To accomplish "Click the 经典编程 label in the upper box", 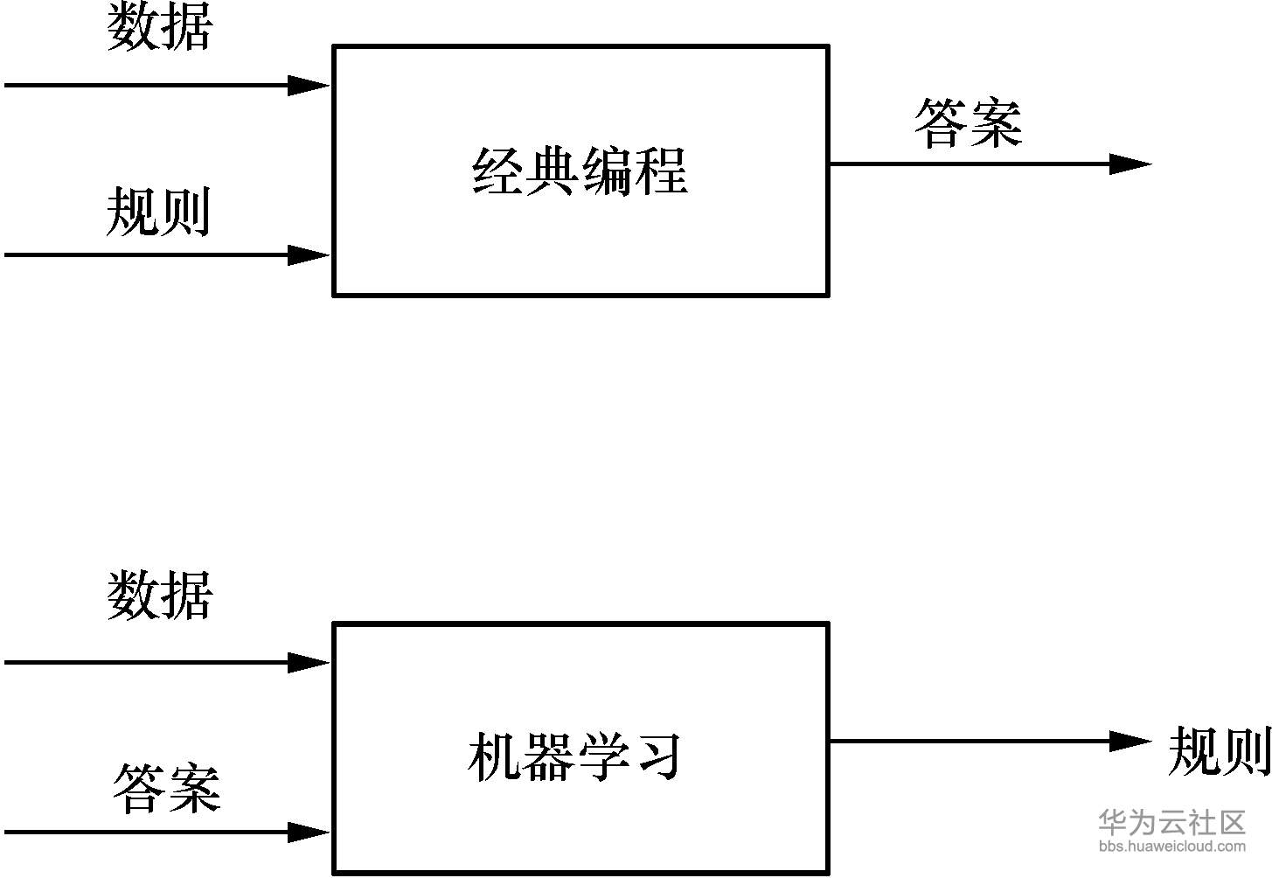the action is tap(580, 171).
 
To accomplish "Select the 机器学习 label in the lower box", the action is tap(574, 756).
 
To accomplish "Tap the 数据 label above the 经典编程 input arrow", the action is tap(160, 25).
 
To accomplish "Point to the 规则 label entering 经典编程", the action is tap(158, 212).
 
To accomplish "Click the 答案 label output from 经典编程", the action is tap(968, 123).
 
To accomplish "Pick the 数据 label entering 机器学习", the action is tap(160, 595).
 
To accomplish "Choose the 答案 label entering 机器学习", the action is tap(166, 788).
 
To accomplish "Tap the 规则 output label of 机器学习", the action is tap(1220, 751).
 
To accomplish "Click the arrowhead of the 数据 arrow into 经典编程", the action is tap(309, 86).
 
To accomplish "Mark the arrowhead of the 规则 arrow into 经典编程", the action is tap(309, 255).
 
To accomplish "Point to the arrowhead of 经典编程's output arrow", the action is tap(1130, 164).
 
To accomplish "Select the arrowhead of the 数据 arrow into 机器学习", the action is tap(309, 663).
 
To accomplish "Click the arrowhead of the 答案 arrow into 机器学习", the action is tap(309, 833).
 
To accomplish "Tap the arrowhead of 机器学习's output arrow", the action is tap(1130, 741).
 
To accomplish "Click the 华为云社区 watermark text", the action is tap(1172, 822).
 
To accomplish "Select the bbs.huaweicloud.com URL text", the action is tap(1172, 847).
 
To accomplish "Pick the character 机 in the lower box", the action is tap(493, 756).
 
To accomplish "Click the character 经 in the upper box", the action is tap(497, 171).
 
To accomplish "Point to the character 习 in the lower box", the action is tap(658, 756).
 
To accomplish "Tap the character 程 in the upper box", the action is tap(662, 171).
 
